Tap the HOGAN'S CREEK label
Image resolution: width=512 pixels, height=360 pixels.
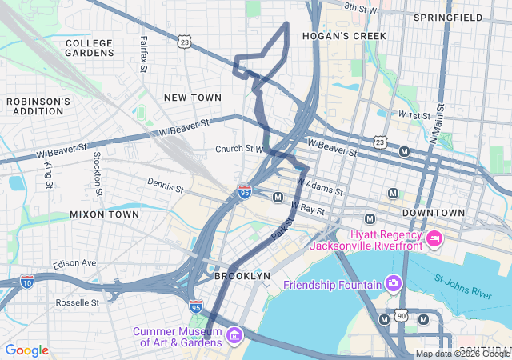pos(344,36)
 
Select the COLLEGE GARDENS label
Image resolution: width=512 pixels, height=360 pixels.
pos(90,48)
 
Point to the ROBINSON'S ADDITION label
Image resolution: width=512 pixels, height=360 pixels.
pos(38,106)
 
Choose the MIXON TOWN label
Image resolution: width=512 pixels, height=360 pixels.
pos(104,214)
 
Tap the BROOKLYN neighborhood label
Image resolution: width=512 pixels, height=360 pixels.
pos(242,275)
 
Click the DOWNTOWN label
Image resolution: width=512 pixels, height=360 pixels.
pos(433,213)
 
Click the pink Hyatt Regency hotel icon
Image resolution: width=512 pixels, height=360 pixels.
pos(434,238)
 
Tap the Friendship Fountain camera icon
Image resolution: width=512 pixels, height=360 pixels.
pos(393,283)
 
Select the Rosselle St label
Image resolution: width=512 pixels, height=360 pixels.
pos(78,303)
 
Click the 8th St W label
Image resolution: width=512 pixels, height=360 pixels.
pos(360,8)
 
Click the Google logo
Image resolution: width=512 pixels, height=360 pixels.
pos(27,350)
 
